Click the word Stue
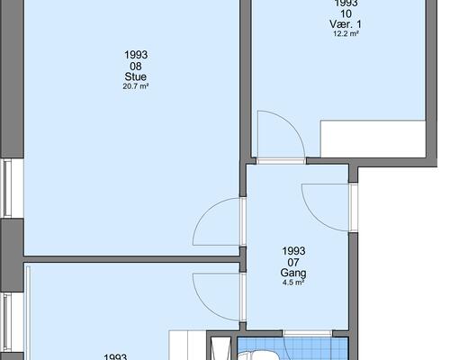(x=136, y=76)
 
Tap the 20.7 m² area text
(x=136, y=86)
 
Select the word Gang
(x=293, y=273)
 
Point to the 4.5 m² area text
(x=293, y=283)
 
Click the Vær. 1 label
(x=346, y=24)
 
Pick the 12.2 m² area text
(x=346, y=33)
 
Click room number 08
(x=136, y=66)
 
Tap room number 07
(x=293, y=263)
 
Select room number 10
(x=346, y=13)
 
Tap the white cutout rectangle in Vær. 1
(x=373, y=139)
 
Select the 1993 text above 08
(x=136, y=55)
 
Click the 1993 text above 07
(x=293, y=251)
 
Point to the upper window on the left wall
(x=8, y=188)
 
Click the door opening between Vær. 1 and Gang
(x=281, y=161)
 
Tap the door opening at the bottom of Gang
(x=307, y=334)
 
